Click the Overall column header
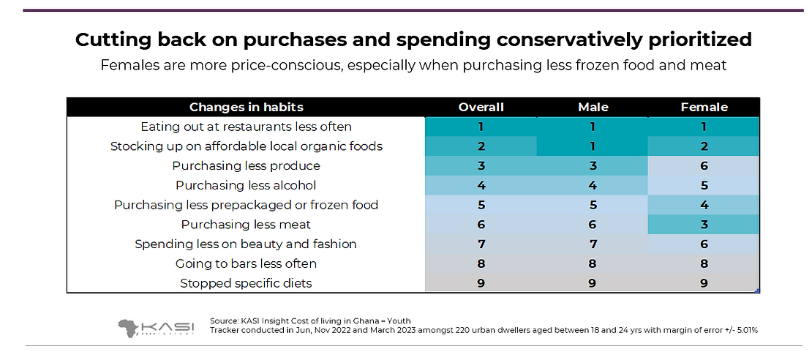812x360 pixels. tap(481, 108)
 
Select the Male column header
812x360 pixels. tap(593, 108)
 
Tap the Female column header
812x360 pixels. tap(704, 108)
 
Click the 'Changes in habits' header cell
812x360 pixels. tap(246, 108)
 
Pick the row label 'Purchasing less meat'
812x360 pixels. tap(246, 225)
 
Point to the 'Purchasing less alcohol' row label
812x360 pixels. tap(246, 185)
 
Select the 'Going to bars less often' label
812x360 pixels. tap(246, 263)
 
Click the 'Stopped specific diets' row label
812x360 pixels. tap(246, 283)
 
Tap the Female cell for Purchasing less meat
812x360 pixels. tap(704, 225)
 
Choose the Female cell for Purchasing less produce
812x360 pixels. tap(704, 166)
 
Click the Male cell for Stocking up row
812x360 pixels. tap(593, 146)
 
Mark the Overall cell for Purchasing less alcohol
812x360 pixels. tap(481, 185)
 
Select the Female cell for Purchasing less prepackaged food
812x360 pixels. tap(704, 205)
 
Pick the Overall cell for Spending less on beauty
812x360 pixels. tap(481, 244)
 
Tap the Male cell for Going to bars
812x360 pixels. tap(593, 263)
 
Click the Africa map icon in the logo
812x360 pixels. tap(132, 328)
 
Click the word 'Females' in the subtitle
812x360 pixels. tap(125, 65)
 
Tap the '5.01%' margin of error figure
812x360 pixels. tap(744, 331)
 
